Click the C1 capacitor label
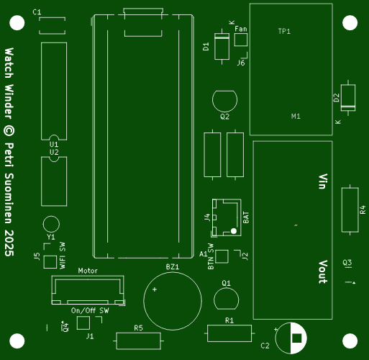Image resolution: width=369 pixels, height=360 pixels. pos(37,12)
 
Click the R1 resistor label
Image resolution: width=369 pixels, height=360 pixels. pos(229,320)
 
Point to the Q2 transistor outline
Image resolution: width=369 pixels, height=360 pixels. pos(224,91)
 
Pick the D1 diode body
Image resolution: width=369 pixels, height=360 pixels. pos(222,46)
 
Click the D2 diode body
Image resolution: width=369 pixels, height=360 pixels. pos(348,98)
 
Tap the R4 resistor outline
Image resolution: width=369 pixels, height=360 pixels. pos(342,210)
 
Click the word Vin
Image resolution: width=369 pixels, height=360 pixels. pos(323,181)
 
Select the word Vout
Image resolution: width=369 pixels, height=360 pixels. pos(323,271)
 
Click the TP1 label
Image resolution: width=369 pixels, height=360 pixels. pos(284,31)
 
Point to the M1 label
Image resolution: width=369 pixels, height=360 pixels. pos(296,117)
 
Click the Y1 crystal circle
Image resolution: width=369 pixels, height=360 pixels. pos(51,216)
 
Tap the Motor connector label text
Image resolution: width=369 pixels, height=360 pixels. pos(88,271)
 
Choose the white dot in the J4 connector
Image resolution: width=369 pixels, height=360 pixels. pos(234,231)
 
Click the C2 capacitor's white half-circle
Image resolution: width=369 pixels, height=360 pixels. pos(299,338)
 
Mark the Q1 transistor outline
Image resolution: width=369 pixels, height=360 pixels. pos(227,288)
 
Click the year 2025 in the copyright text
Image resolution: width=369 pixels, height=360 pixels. pos(9,243)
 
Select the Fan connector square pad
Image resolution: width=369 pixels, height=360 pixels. pos(241,40)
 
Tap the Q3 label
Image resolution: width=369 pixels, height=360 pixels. pos(347,263)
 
